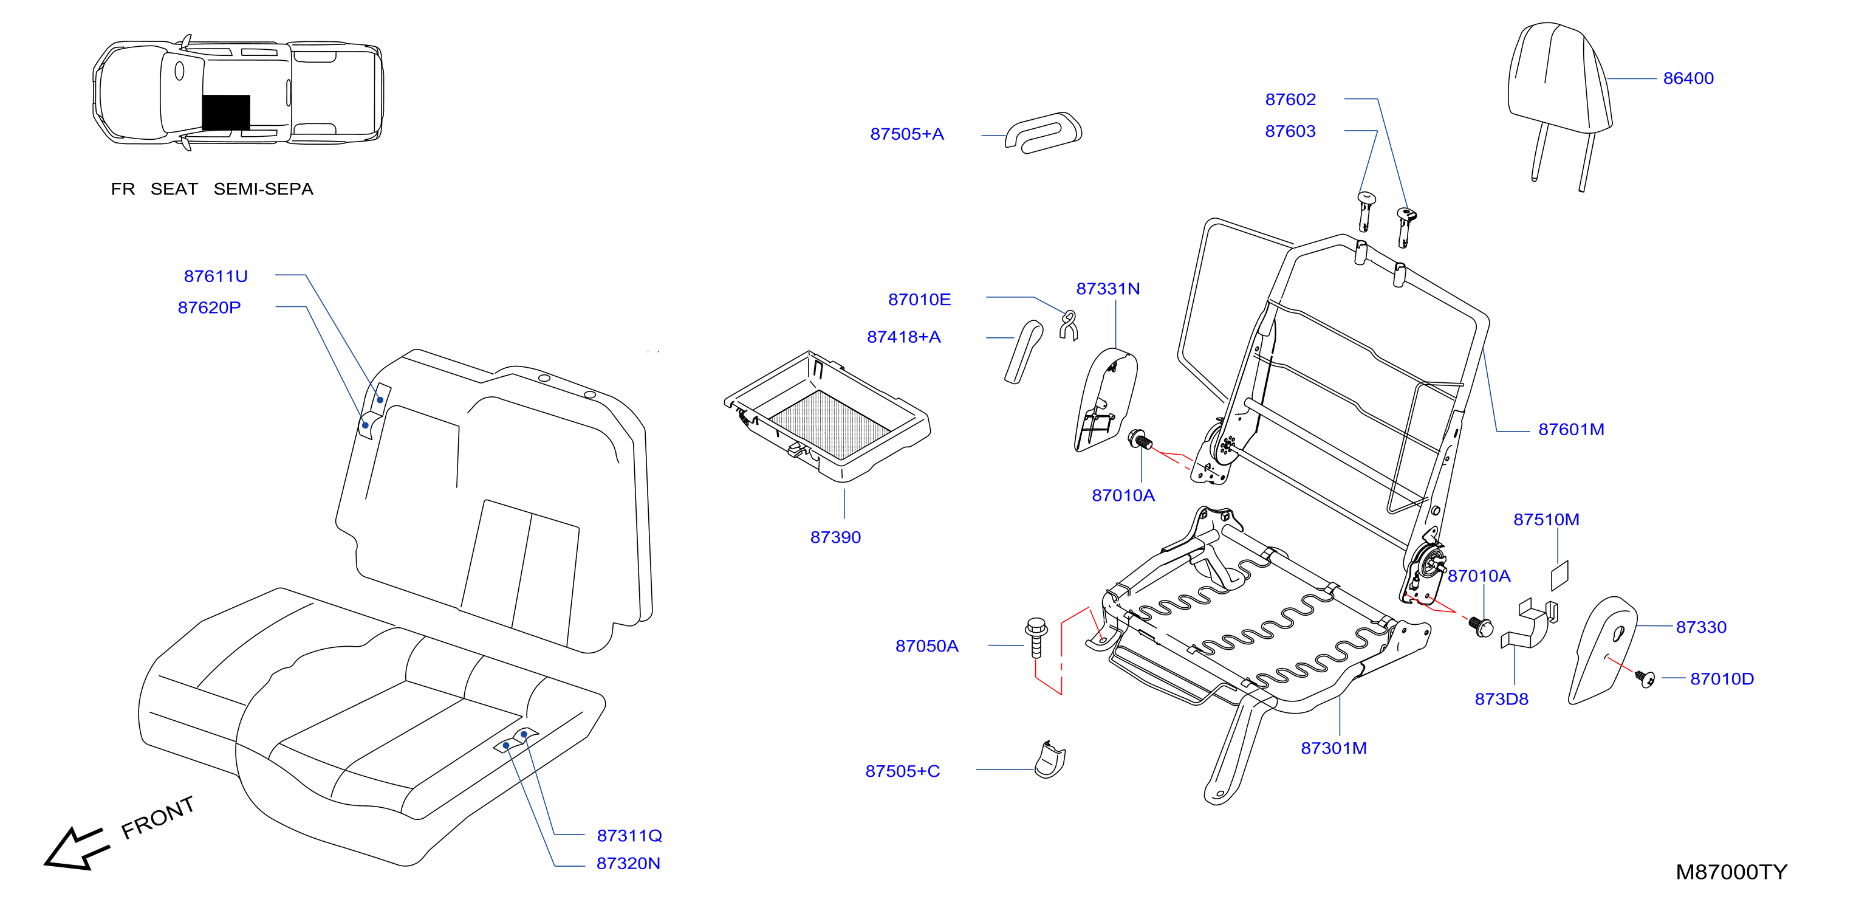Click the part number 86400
tap(1688, 78)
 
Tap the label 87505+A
tap(906, 134)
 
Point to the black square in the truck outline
tap(226, 112)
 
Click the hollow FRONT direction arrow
tap(77, 849)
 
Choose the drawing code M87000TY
tap(1731, 872)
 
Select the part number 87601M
tap(1571, 430)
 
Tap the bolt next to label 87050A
tap(1036, 637)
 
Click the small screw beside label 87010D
tap(1645, 679)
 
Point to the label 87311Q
tap(629, 836)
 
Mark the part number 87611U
tap(216, 276)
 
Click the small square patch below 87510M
tap(1560, 576)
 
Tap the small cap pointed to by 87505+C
tap(1050, 760)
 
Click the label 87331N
tap(1108, 289)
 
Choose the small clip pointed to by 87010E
tap(1069, 325)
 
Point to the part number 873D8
tap(1501, 699)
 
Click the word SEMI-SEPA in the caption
tap(264, 189)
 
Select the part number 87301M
tap(1333, 748)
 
